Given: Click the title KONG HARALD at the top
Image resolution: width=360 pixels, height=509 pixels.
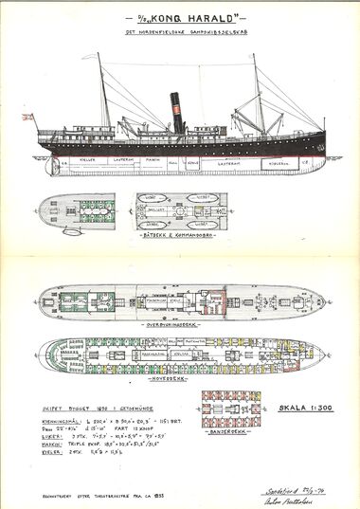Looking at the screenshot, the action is click(x=180, y=20).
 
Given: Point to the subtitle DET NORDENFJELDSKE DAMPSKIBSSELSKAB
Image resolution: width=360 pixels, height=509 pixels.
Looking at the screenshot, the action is click(x=179, y=36).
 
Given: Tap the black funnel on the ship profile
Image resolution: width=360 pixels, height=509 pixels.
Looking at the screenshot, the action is click(x=175, y=114).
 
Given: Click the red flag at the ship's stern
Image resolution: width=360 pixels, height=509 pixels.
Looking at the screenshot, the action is click(x=27, y=118).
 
